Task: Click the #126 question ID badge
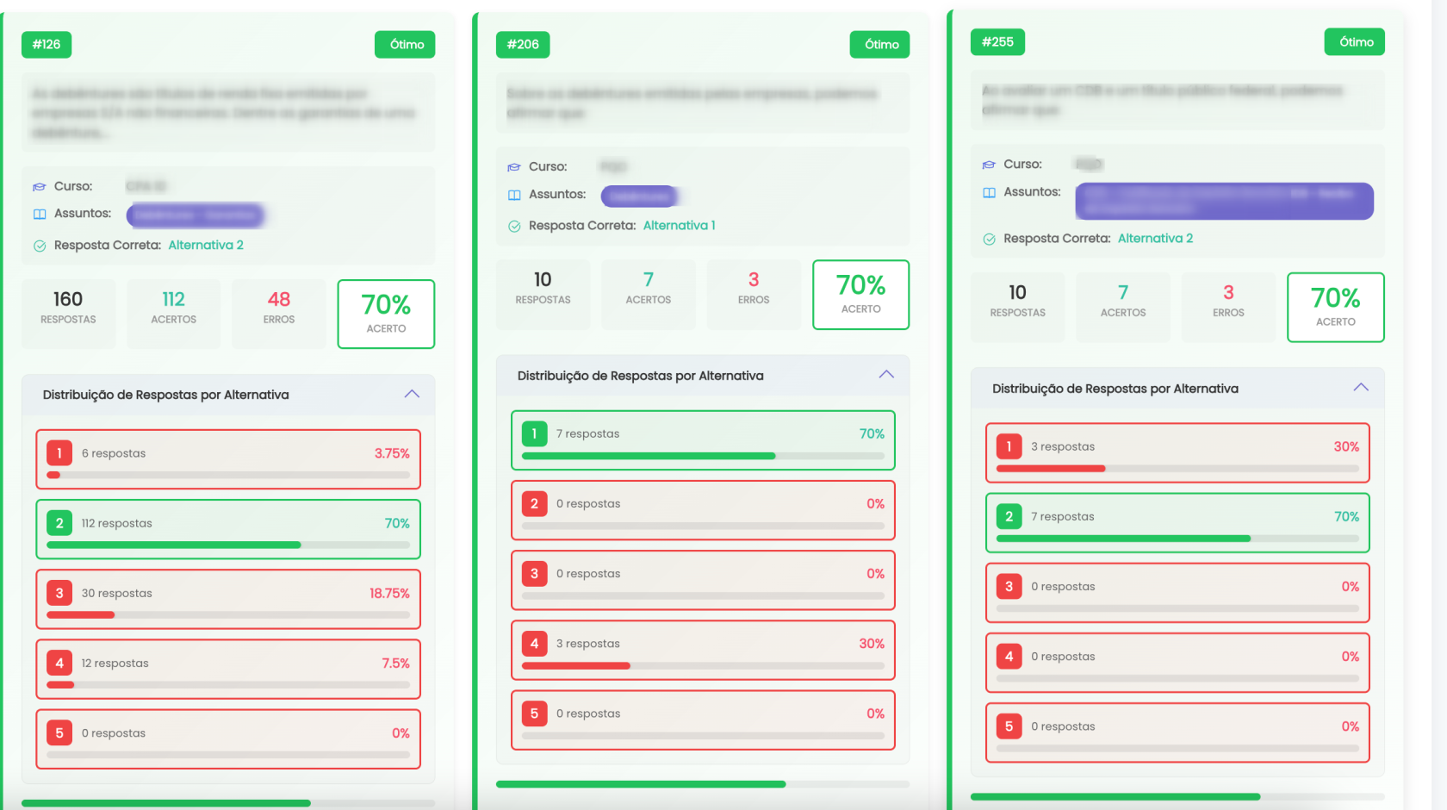click(x=47, y=45)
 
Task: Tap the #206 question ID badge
click(x=522, y=45)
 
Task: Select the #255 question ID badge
click(x=997, y=42)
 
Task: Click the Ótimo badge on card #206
click(x=879, y=45)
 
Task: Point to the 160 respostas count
click(x=68, y=300)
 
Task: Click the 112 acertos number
click(x=173, y=300)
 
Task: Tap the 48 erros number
click(x=278, y=300)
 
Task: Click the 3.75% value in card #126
click(x=392, y=453)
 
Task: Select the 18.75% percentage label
click(x=389, y=593)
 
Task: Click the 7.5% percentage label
click(x=395, y=663)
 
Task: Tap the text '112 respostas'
click(x=116, y=523)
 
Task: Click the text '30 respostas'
click(x=116, y=593)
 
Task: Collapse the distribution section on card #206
click(x=886, y=375)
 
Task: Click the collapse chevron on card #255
click(x=1361, y=388)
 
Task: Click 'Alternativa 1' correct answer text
click(x=679, y=226)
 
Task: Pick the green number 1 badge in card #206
click(x=534, y=433)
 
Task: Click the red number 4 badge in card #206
click(x=534, y=643)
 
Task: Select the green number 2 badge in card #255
click(x=1009, y=516)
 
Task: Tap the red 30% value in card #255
click(x=1346, y=446)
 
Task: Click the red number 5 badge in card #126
click(x=59, y=732)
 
